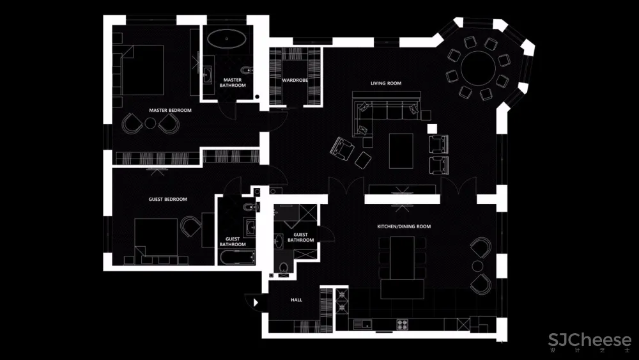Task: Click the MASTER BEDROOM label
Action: pyautogui.click(x=170, y=110)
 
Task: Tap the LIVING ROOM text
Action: pyautogui.click(x=386, y=83)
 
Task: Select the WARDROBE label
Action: pyautogui.click(x=295, y=81)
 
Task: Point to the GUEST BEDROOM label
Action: pyautogui.click(x=167, y=200)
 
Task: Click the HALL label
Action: pyautogui.click(x=296, y=300)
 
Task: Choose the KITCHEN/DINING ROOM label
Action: pyautogui.click(x=404, y=227)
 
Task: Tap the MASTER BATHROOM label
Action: pyautogui.click(x=233, y=82)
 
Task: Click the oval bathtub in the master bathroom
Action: pyautogui.click(x=227, y=39)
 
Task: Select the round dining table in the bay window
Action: pyautogui.click(x=479, y=68)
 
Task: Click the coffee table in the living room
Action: pyautogui.click(x=401, y=151)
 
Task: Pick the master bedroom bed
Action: pyautogui.click(x=142, y=70)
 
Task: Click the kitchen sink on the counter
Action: pyautogui.click(x=362, y=325)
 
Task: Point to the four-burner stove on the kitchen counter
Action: pyautogui.click(x=403, y=325)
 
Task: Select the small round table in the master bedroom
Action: pyautogui.click(x=150, y=123)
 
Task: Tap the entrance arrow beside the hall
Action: pyautogui.click(x=256, y=302)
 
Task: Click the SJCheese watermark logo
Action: pyautogui.click(x=590, y=340)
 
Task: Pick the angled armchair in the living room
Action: pyautogui.click(x=341, y=148)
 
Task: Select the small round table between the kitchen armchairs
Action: pyautogui.click(x=477, y=266)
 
